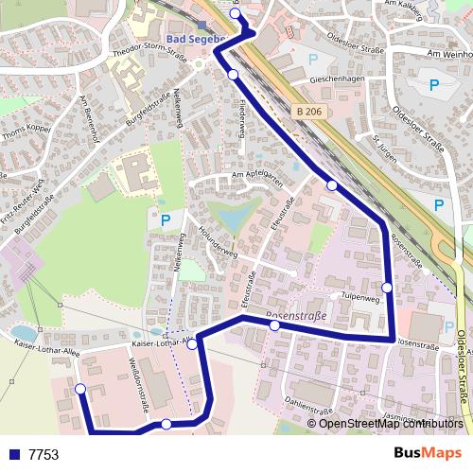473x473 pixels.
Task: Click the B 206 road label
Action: click(309, 112)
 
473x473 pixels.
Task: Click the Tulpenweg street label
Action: click(359, 296)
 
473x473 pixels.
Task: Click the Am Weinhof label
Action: click(449, 54)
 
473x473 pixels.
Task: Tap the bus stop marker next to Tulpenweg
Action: click(387, 287)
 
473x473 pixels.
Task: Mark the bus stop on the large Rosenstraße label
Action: click(274, 325)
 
